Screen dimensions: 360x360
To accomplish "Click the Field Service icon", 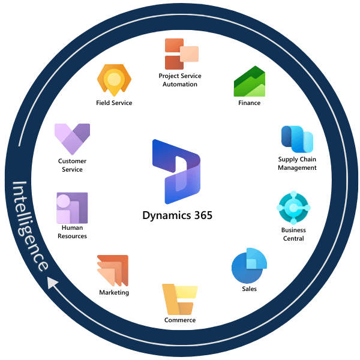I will pos(114,79).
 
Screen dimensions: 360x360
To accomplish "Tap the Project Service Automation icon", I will pos(181,54).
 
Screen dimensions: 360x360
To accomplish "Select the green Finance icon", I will pos(249,82).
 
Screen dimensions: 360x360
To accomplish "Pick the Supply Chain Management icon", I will pos(297,139).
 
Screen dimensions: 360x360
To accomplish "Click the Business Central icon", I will pos(293,208).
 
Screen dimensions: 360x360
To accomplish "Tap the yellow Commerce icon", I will pos(179,299).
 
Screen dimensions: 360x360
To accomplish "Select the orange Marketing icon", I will pos(113,271).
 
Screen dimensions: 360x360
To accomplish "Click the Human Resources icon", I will pos(72,208).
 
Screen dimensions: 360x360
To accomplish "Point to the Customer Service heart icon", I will pos(72,139).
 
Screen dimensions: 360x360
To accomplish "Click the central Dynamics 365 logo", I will pos(176,172).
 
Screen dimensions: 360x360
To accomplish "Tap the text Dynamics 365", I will pos(178,215).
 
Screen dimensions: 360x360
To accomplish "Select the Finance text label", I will pos(249,103).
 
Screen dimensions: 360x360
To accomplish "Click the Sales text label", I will pos(249,289).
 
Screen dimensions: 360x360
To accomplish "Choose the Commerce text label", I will pos(180,320).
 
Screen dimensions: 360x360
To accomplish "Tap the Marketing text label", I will pos(114,292).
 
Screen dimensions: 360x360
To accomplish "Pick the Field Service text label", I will pos(114,103).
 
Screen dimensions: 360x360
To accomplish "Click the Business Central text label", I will pos(293,234).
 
